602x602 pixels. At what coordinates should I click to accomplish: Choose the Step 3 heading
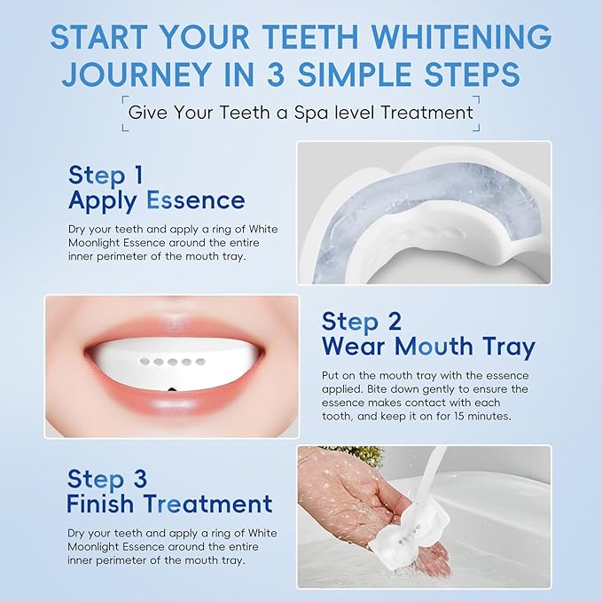pos(107,479)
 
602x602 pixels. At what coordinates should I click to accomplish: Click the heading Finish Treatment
pos(169,504)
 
